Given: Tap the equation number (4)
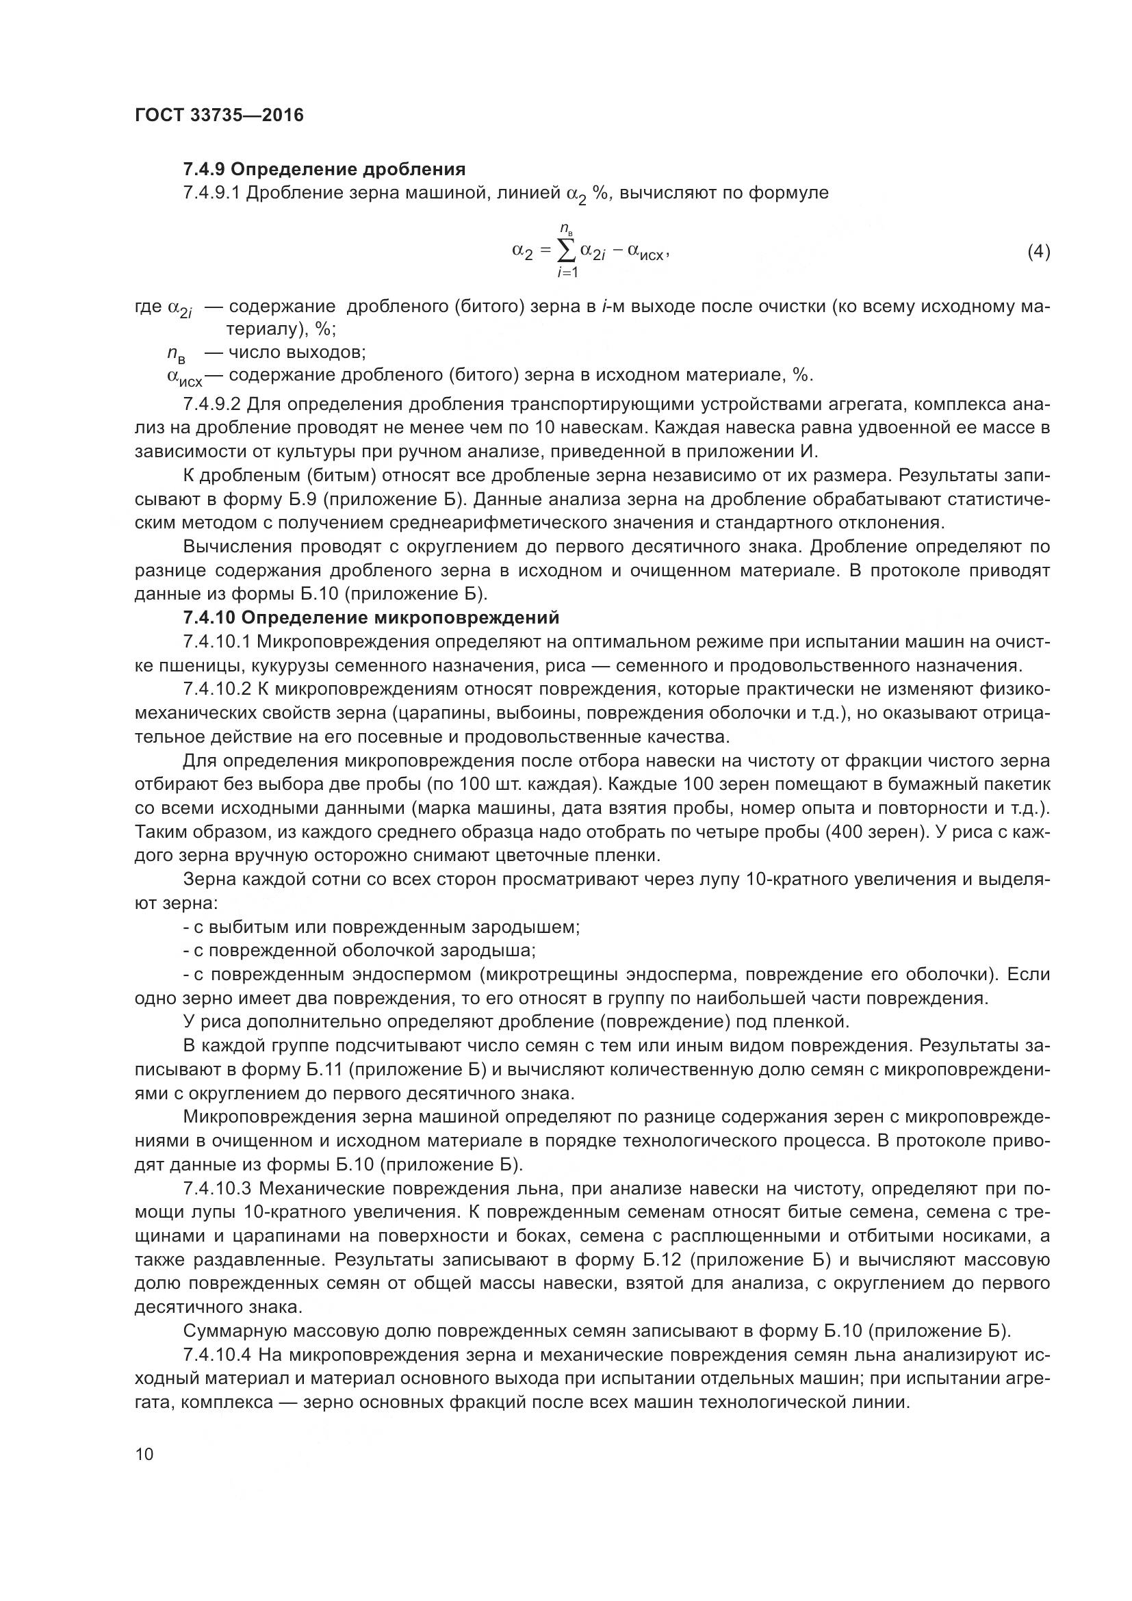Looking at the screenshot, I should point(1039,252).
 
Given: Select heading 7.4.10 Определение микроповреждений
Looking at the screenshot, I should point(371,618).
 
